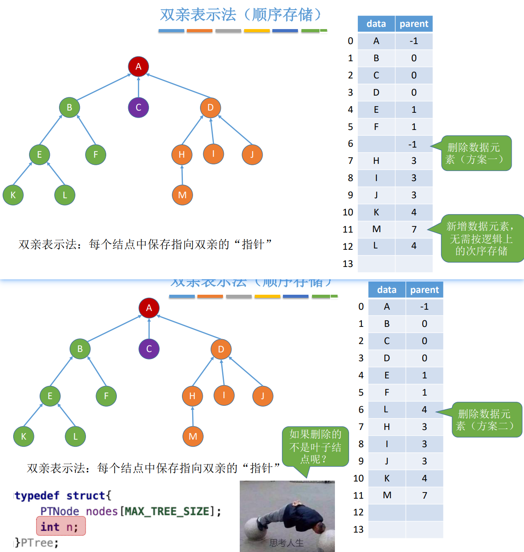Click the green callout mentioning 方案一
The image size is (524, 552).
coord(476,153)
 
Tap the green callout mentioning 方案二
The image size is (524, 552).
coord(487,420)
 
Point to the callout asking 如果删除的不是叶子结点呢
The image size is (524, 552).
coord(315,447)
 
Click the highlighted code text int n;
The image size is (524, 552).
coord(60,526)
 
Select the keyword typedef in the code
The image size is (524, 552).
coord(37,496)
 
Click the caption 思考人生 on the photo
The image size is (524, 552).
coord(286,543)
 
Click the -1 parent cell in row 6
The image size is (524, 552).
coord(413,144)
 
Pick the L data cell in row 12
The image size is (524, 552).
coord(375,246)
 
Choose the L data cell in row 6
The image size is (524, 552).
coord(386,409)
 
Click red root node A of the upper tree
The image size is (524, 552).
coord(138,67)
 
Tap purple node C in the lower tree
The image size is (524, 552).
coord(149,349)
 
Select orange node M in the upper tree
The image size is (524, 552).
coord(182,195)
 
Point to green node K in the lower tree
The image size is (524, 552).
coord(24,437)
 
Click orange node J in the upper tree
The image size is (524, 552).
coord(252,155)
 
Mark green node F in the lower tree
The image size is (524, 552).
coord(106,396)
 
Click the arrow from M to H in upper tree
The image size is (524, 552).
coord(182,175)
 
